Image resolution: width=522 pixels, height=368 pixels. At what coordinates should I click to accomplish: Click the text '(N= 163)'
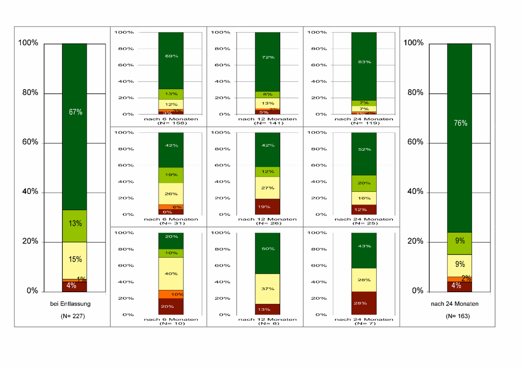coord(457,316)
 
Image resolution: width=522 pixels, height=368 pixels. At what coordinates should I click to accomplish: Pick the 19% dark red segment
coord(268,207)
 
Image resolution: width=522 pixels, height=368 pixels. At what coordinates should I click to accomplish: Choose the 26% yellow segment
coord(171,193)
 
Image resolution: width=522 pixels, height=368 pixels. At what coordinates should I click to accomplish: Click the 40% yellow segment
coord(171,273)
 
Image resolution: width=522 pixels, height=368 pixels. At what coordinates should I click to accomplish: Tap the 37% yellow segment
coord(268,289)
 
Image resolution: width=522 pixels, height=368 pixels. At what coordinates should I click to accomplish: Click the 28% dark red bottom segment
coord(364,303)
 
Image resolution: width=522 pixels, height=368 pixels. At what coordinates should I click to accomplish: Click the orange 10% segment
coord(171,294)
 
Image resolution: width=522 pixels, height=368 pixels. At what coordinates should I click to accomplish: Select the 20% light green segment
coord(364,183)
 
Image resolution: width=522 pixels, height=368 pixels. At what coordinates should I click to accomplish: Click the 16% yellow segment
coord(364,198)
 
